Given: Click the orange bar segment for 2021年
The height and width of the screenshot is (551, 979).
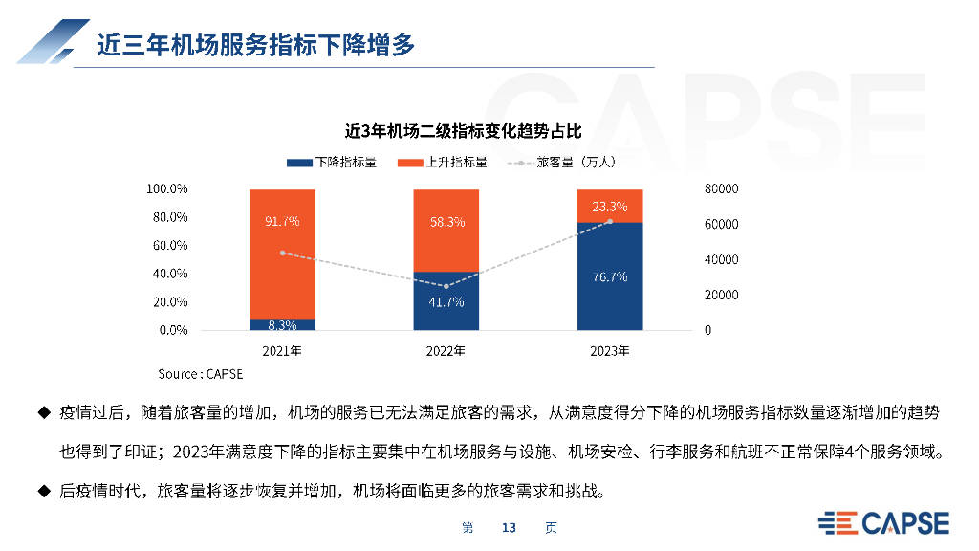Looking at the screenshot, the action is [282, 254].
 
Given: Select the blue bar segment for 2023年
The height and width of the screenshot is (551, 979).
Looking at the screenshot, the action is [610, 276].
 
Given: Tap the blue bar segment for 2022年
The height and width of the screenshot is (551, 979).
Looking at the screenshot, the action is [446, 300].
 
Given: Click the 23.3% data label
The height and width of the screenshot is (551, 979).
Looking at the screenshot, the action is [610, 207].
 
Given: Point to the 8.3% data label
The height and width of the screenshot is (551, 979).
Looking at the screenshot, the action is [282, 325].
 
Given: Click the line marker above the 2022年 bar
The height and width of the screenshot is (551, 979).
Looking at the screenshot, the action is [446, 286].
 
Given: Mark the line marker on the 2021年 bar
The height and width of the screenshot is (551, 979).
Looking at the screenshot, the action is [283, 253].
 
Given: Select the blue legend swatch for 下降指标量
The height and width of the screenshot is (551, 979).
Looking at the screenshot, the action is [299, 163].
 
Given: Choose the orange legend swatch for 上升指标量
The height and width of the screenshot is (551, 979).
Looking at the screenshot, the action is [410, 163].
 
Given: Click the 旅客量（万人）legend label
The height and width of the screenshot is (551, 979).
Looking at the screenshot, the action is [577, 163].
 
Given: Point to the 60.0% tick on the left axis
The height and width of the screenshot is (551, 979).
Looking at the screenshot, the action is [170, 246].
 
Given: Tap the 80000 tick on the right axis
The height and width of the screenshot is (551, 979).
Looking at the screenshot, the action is [721, 188].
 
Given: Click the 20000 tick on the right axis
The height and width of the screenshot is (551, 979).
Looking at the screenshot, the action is [721, 295].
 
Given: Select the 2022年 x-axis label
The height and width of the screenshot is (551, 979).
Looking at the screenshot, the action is [446, 351].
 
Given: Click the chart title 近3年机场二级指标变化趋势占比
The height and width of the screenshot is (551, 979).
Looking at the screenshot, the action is [464, 131].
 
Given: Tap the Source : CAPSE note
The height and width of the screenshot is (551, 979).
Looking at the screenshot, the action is [201, 374].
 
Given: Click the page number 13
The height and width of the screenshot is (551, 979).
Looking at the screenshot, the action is [509, 528].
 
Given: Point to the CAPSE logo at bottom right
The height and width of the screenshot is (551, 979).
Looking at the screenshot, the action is [883, 523].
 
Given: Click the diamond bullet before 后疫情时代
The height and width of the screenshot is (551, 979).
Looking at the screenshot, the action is [44, 491].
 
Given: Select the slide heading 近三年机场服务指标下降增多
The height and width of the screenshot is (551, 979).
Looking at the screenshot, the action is [256, 45].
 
